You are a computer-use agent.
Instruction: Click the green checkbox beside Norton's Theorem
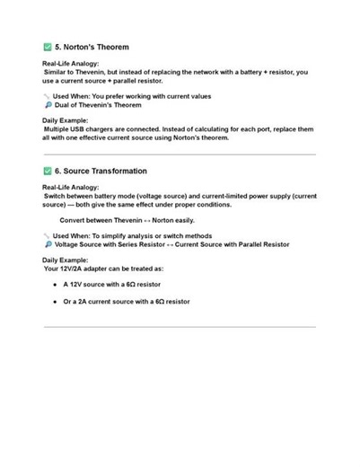pyautogui.click(x=48, y=46)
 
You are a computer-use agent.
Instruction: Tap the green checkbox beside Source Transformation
pyautogui.click(x=48, y=171)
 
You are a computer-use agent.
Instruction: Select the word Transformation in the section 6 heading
pyautogui.click(x=118, y=171)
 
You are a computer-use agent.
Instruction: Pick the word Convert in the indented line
pyautogui.click(x=74, y=220)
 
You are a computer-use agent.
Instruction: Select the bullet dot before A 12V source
pyautogui.click(x=56, y=285)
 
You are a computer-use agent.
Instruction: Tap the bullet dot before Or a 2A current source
pyautogui.click(x=56, y=302)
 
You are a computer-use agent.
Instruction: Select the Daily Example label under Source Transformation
pyautogui.click(x=66, y=260)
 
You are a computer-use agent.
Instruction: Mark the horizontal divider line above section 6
pyautogui.click(x=180, y=154)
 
